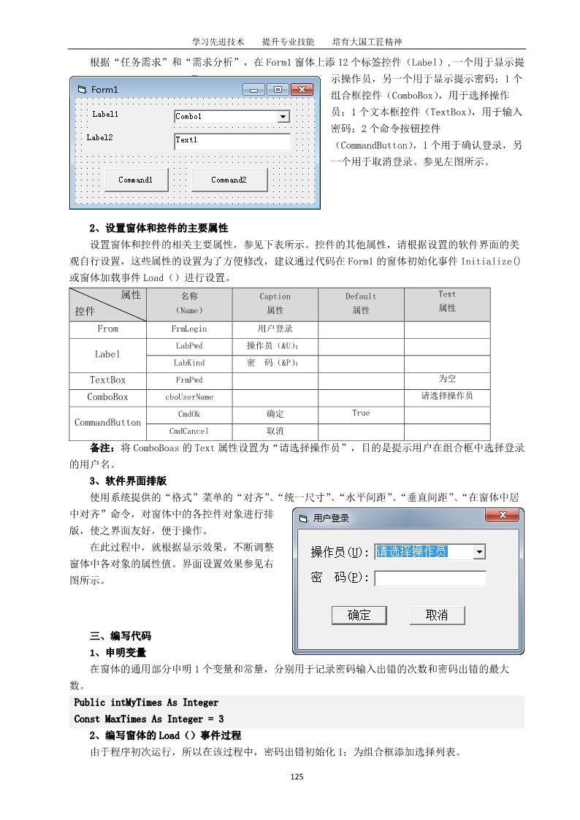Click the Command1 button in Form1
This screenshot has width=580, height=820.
tap(136, 180)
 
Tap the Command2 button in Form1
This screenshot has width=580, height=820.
tap(229, 180)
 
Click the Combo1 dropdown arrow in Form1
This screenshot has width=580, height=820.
tap(283, 117)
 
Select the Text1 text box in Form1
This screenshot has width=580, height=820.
tap(232, 140)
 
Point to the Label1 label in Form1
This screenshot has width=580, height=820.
tap(105, 115)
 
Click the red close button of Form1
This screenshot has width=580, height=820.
tap(302, 90)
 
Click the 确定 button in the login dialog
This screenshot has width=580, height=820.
tap(359, 615)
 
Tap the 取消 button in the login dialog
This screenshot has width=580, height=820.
tap(437, 615)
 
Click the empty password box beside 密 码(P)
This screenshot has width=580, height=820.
tap(430, 578)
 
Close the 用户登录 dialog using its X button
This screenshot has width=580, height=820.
tap(503, 516)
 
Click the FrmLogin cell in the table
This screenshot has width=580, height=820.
tap(189, 329)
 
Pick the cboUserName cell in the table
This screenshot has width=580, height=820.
tap(189, 397)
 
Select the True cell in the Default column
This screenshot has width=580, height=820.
tap(361, 413)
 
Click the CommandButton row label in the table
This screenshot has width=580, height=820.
tap(107, 423)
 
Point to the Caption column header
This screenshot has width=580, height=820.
tap(275, 303)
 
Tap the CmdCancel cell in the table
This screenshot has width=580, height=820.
tap(189, 432)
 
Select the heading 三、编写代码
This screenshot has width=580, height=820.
tap(121, 635)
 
